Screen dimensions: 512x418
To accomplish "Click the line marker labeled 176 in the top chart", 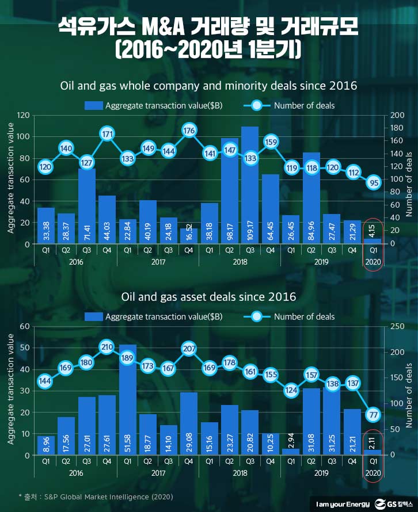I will [x=189, y=131].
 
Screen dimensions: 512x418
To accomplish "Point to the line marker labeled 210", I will [x=107, y=347].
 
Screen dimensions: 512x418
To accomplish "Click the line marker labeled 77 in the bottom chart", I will [x=373, y=415].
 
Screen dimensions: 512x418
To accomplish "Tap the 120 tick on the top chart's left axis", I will [x=23, y=115].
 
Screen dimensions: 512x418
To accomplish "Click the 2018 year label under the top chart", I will [x=240, y=261].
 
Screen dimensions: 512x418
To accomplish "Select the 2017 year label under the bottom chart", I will [x=158, y=472].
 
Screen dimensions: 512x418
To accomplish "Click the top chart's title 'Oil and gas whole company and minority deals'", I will [x=209, y=86].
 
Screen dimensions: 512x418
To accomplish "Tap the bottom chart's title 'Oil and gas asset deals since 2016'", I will [x=209, y=297].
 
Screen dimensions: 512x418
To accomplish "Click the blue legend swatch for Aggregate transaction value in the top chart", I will [x=93, y=105].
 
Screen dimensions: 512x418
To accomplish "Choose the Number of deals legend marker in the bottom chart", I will [x=257, y=316].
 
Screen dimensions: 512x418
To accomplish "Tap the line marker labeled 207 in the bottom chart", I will [x=189, y=348].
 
